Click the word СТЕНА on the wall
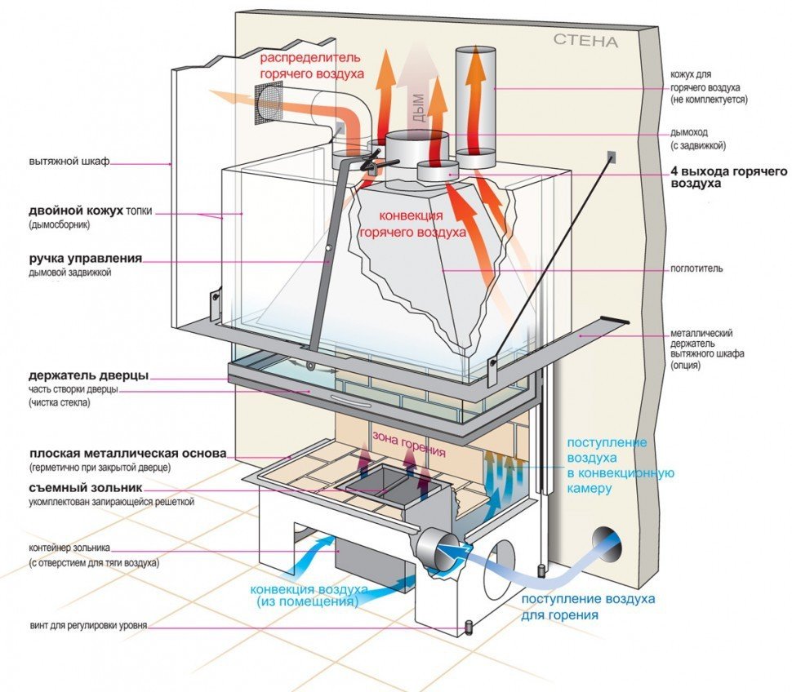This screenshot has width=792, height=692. pyautogui.click(x=585, y=40)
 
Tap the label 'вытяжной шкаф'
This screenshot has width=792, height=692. pyautogui.click(x=68, y=162)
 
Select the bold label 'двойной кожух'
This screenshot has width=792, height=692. pyautogui.click(x=76, y=211)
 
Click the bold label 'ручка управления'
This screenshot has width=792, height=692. pyautogui.click(x=85, y=259)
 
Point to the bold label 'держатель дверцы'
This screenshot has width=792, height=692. pyautogui.click(x=87, y=376)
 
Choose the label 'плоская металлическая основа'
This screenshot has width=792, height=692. pyautogui.click(x=127, y=454)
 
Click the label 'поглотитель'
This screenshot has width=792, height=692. pyautogui.click(x=696, y=268)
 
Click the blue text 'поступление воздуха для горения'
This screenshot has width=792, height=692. pyautogui.click(x=588, y=606)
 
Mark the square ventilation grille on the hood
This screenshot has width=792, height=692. pyautogui.click(x=265, y=107)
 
